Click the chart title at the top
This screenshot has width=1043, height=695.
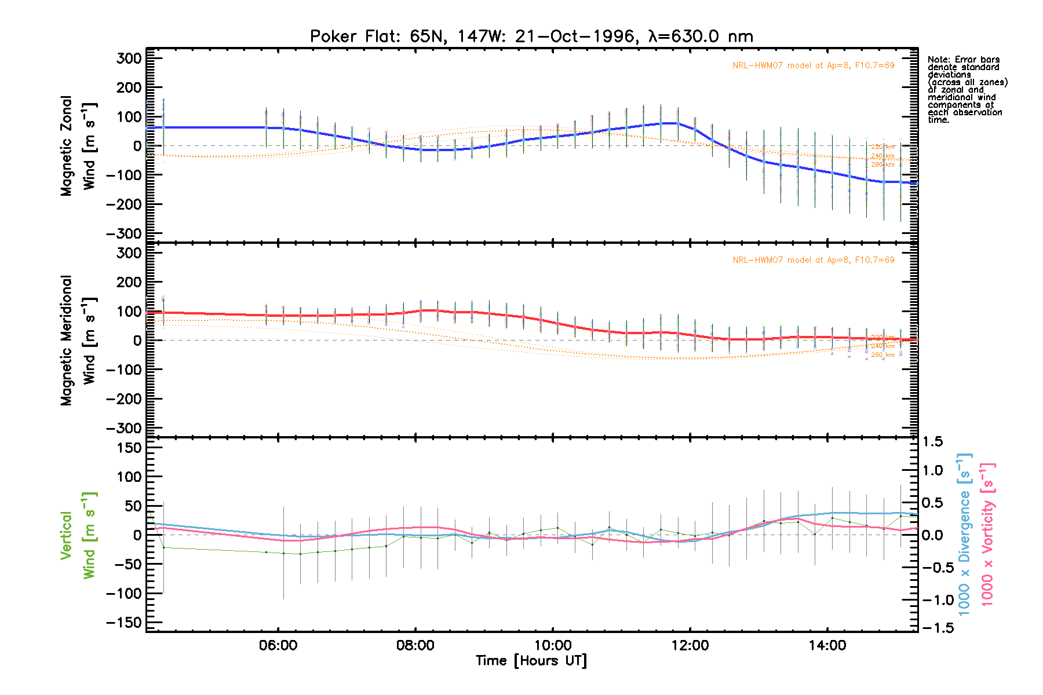[x=531, y=36]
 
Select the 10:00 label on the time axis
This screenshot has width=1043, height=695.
[x=553, y=645]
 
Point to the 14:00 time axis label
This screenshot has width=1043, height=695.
[x=827, y=645]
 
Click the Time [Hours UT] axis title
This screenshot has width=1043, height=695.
[x=531, y=661]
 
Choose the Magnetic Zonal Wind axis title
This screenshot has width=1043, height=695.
[x=78, y=145]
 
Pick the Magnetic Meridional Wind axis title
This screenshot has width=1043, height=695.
[x=78, y=340]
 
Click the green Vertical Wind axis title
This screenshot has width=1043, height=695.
[x=78, y=535]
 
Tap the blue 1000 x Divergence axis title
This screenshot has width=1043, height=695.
[x=964, y=534]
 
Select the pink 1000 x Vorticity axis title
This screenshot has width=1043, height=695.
[x=987, y=534]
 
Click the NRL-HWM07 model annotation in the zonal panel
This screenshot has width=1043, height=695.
[x=813, y=65]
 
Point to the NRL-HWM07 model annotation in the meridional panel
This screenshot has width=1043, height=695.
[x=813, y=260]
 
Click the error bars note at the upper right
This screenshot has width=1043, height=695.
[x=967, y=90]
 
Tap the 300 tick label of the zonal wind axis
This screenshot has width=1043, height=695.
[x=129, y=58]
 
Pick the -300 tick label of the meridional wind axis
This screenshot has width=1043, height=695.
[x=124, y=428]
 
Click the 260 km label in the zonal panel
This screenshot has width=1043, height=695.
[x=882, y=165]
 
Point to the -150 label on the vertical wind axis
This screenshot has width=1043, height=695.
[x=124, y=623]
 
